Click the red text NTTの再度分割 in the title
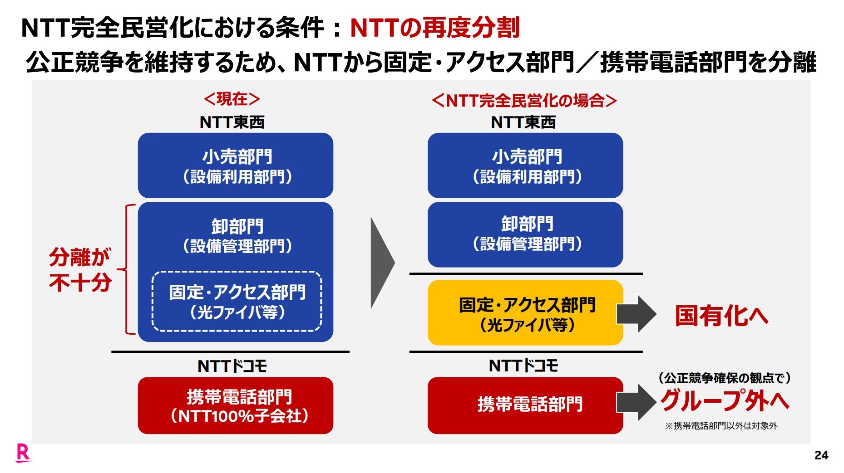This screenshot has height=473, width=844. click(x=434, y=28)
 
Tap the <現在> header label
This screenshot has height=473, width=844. click(x=232, y=99)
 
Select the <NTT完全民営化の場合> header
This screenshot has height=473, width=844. click(x=524, y=100)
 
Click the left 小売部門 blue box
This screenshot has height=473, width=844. click(x=236, y=166)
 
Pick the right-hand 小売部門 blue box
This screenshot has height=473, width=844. click(x=525, y=166)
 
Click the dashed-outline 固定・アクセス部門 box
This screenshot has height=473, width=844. click(x=237, y=302)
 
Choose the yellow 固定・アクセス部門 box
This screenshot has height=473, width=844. click(x=525, y=312)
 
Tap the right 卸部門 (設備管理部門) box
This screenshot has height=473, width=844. click(x=525, y=234)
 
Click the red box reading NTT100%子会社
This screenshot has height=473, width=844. click(x=236, y=405)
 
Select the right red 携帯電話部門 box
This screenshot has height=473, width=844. click(x=525, y=405)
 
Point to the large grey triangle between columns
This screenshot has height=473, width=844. click(x=382, y=263)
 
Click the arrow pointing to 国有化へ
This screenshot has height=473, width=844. click(x=636, y=314)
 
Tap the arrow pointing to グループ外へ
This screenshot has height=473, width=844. click(x=636, y=402)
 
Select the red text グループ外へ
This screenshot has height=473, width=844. click(x=725, y=400)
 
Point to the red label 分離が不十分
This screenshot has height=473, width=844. click(x=80, y=269)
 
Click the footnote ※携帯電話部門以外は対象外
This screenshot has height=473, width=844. click(x=721, y=426)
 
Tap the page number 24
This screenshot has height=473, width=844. click(x=821, y=455)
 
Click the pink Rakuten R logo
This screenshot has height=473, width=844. click(x=23, y=453)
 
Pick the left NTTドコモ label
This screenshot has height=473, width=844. click(x=232, y=366)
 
